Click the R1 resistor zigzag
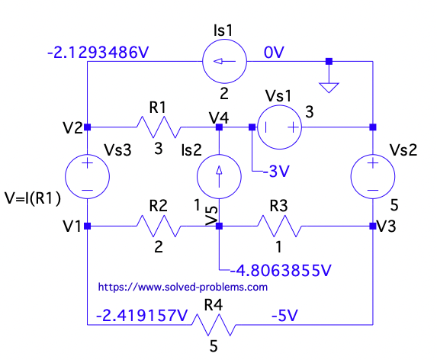tap(157, 127)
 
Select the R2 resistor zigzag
tap(157, 226)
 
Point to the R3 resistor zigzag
tap(279, 226)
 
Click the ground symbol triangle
tap(329, 87)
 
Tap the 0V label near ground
tap(274, 53)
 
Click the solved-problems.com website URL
tap(183, 288)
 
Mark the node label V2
tap(73, 127)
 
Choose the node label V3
tap(389, 227)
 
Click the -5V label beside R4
tap(284, 313)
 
